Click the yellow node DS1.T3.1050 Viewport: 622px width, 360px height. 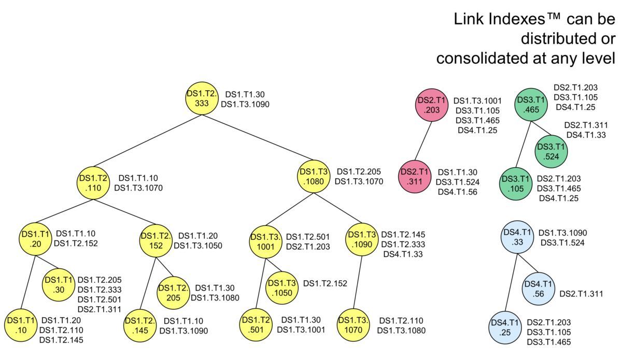tap(281, 289)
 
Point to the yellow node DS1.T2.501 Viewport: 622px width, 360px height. tap(255, 325)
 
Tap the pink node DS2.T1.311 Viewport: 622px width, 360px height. tap(414, 176)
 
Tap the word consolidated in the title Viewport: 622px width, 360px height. tap(489, 57)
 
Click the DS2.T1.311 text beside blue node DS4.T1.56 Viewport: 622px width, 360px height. tap(581, 294)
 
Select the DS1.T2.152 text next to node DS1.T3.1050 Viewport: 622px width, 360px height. tap(325, 283)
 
